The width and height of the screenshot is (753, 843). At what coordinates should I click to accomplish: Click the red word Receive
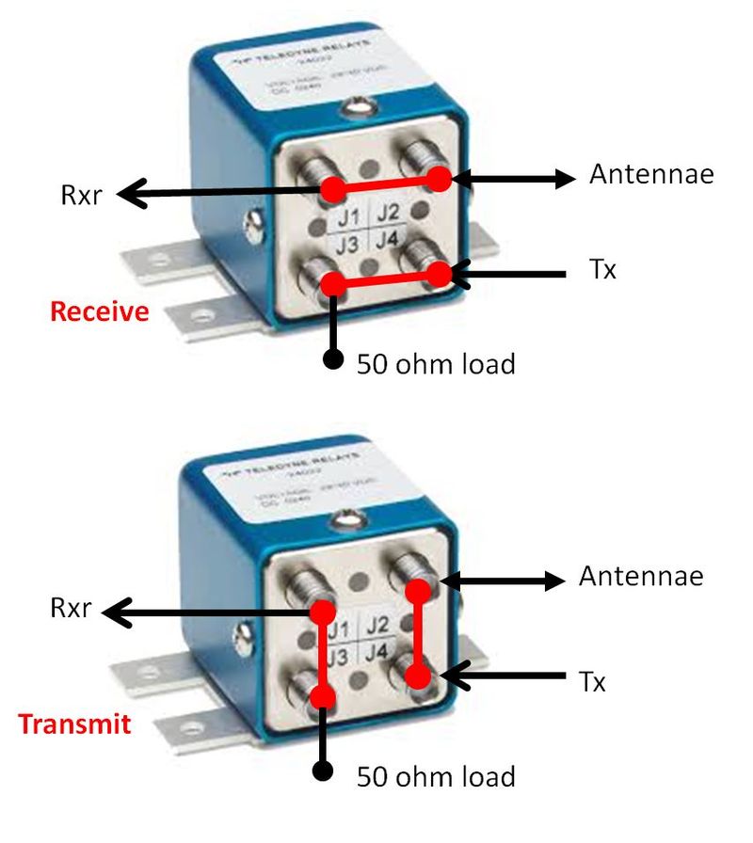100,311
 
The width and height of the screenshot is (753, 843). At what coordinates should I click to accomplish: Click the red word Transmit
73,724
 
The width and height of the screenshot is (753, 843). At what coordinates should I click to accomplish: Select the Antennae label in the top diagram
651,174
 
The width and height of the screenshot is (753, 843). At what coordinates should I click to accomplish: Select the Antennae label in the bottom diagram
641,576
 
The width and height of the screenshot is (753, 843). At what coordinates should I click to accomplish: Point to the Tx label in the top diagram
602,271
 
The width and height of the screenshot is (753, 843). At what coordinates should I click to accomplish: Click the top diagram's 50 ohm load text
436,363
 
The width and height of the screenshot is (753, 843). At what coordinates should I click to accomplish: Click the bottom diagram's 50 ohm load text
436,777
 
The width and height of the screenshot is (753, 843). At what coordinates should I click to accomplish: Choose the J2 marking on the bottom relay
376,625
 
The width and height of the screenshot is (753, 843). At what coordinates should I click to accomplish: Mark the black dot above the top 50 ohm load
331,359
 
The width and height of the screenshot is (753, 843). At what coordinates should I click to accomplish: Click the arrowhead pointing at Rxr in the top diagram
130,195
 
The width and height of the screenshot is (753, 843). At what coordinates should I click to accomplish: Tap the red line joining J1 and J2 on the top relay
384,183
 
